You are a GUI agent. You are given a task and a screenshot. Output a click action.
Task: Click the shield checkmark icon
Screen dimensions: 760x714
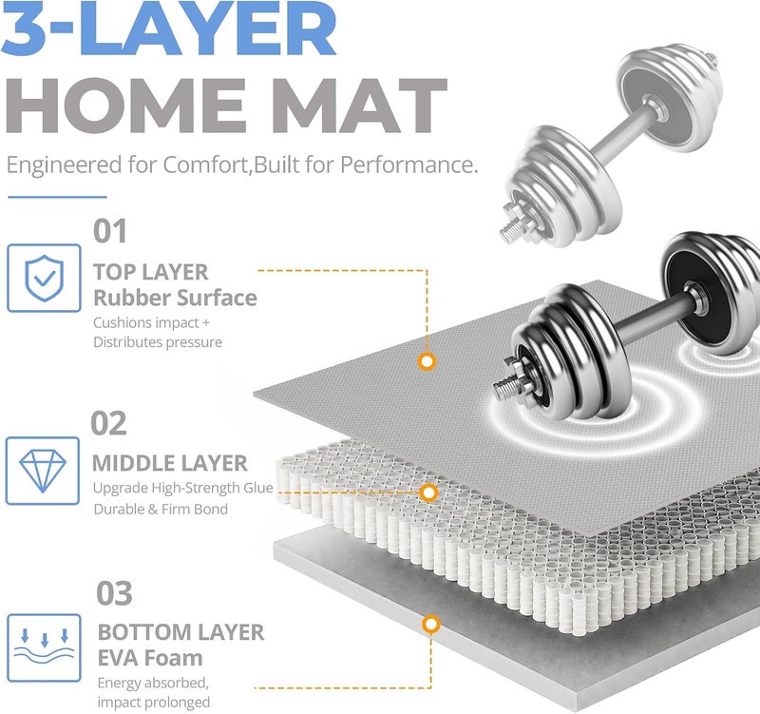(44, 278)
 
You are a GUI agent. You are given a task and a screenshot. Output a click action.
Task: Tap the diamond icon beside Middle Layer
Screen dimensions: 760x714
(43, 471)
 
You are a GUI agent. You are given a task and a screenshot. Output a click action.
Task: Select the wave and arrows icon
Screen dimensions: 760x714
(44, 648)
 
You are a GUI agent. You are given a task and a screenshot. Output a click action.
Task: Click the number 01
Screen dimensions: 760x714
(110, 231)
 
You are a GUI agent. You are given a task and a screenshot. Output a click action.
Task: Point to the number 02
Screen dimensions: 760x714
(108, 423)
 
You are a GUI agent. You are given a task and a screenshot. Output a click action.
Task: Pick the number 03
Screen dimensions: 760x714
(114, 593)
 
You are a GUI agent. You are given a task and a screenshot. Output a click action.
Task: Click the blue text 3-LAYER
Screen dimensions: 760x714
(169, 29)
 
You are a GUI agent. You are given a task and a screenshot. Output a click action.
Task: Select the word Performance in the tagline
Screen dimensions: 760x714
(409, 164)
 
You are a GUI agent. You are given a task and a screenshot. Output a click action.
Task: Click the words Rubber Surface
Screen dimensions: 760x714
(175, 298)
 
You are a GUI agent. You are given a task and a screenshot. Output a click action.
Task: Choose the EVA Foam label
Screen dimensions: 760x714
(150, 658)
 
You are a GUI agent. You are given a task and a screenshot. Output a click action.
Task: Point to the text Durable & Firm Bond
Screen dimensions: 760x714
(161, 510)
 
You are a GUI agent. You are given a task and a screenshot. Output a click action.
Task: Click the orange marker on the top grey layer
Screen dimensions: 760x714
(427, 361)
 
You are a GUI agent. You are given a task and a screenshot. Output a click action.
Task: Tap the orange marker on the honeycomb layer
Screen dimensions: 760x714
(428, 492)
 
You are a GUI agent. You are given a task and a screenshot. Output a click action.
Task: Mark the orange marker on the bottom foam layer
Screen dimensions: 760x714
(431, 625)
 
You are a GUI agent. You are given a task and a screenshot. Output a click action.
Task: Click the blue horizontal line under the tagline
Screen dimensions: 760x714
(57, 197)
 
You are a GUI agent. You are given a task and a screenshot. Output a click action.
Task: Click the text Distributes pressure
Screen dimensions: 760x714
(158, 342)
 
